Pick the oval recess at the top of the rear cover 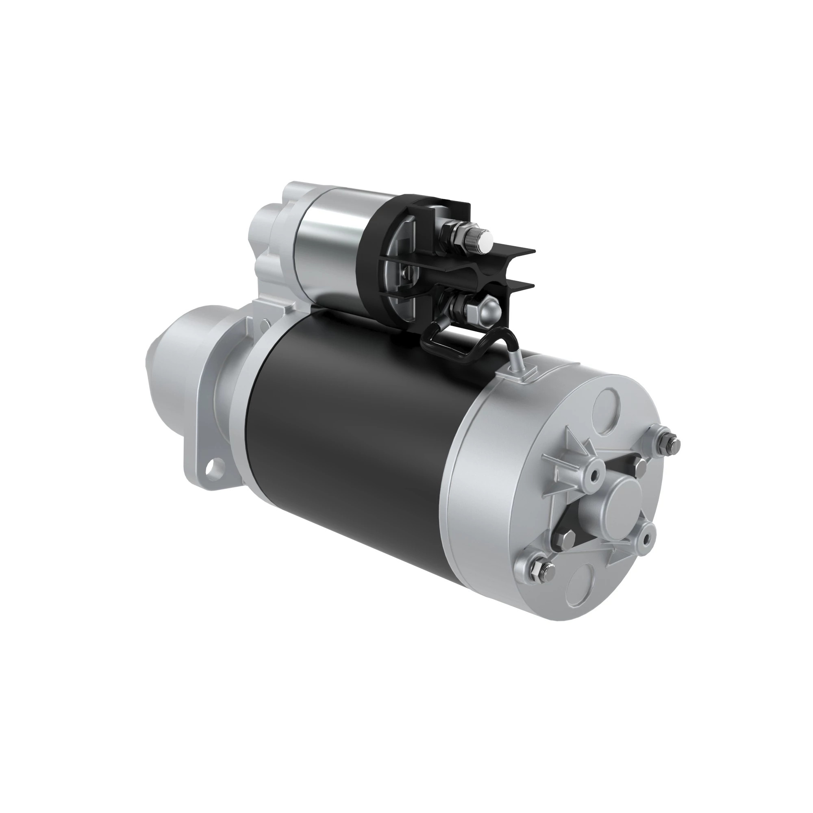pyautogui.click(x=605, y=406)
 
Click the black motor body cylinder pyautogui.click(x=358, y=442)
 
